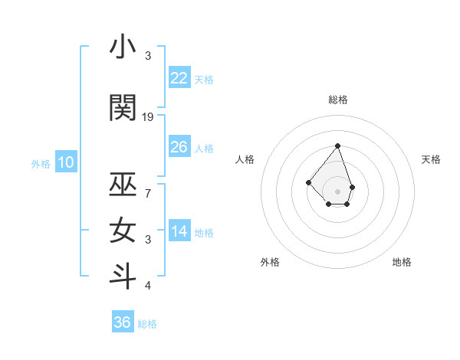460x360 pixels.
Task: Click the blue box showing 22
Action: (x=179, y=78)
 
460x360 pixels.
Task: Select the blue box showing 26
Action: (x=179, y=147)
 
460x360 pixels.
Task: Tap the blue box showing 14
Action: (x=179, y=231)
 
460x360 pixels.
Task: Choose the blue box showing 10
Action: (x=66, y=162)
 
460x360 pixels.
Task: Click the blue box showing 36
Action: (x=123, y=322)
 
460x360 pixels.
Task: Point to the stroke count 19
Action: (x=148, y=117)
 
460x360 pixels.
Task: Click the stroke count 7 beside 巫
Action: (x=148, y=194)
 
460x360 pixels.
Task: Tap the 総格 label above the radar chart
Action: (x=338, y=100)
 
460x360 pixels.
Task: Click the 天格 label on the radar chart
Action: (x=431, y=159)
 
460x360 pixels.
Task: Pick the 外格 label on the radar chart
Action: (x=270, y=262)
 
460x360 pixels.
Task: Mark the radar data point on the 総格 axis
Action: (x=337, y=146)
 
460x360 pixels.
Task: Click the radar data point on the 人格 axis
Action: (x=308, y=182)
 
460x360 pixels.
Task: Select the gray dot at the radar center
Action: (x=337, y=191)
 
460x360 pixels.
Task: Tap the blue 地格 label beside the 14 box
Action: (x=205, y=233)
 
